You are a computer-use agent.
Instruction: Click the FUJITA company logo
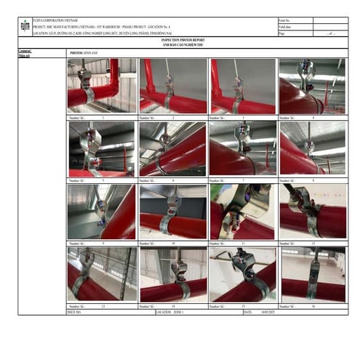(x=25, y=27)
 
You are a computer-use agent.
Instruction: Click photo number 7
(x=242, y=148)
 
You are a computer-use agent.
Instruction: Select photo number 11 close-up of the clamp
(x=242, y=212)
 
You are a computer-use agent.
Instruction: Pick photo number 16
(x=313, y=274)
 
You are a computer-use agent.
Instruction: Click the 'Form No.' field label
(x=286, y=20)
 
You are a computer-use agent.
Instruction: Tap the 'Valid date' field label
(x=287, y=27)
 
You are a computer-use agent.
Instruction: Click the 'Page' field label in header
(x=283, y=33)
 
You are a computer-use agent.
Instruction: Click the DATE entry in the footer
(x=258, y=312)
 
